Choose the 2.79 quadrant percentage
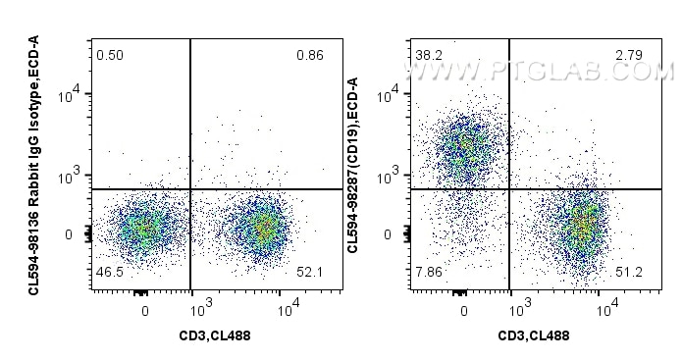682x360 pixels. point(628,55)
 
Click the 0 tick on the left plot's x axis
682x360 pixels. point(144,312)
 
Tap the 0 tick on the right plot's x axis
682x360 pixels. point(463,312)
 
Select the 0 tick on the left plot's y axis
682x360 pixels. point(68,235)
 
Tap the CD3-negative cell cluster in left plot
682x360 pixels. point(141,229)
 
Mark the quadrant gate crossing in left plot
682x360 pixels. point(189,189)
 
